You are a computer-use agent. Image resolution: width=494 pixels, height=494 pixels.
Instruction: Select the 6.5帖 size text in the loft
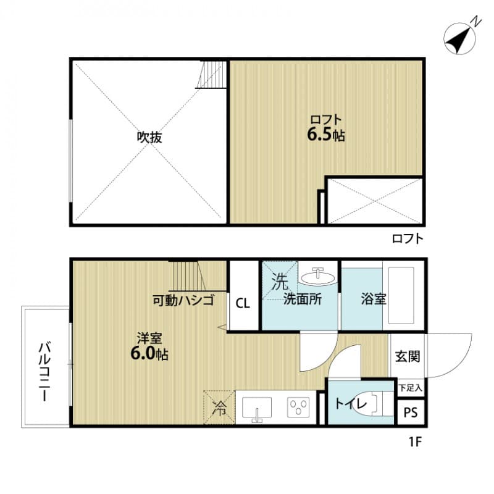pos(326,136)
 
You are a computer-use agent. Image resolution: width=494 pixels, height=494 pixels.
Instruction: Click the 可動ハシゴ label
pos(183,301)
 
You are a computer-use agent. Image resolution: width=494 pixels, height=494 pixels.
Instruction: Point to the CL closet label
pos(243,303)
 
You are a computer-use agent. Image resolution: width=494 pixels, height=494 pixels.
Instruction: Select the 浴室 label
pos(374,299)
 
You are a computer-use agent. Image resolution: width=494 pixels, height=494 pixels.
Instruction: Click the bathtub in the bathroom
pos(403,295)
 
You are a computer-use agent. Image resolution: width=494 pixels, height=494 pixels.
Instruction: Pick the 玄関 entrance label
pos(408,356)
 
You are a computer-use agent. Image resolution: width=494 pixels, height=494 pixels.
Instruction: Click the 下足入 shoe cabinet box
pos(410,388)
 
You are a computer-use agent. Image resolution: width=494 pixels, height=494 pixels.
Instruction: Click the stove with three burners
pos(301,408)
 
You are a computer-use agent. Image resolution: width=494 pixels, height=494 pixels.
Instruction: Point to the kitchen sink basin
pos(256,408)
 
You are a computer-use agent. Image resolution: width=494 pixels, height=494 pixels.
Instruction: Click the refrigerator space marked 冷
pos(219,408)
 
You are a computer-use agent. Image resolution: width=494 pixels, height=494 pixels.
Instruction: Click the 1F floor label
pos(414,442)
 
